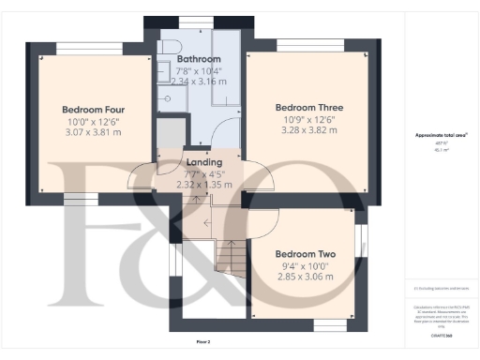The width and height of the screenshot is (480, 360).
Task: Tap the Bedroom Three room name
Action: (x=303, y=106)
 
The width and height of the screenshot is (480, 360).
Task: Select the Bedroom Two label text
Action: (x=305, y=254)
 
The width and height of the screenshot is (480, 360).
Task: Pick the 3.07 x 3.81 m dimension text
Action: (x=92, y=133)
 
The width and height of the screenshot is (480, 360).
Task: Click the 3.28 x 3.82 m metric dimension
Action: (x=303, y=132)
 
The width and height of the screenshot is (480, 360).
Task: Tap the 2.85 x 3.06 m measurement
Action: (x=305, y=279)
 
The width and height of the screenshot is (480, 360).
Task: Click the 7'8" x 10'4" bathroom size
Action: (x=197, y=70)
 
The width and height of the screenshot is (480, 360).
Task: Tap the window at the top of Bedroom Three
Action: (x=309, y=45)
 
